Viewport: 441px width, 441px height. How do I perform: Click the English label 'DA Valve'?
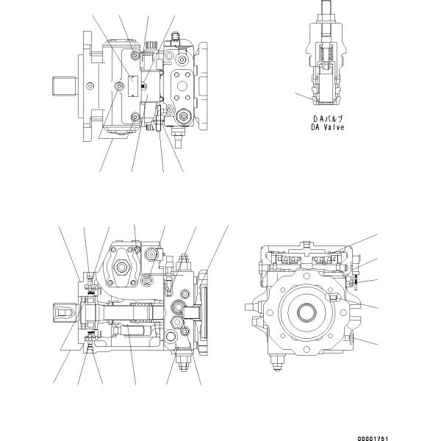(328, 127)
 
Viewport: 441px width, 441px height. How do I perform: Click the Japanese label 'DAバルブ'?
(328, 118)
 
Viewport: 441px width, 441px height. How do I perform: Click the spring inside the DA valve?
(329, 54)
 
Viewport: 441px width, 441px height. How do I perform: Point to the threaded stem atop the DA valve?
(328, 10)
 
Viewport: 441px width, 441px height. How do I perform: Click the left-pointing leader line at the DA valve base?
(304, 95)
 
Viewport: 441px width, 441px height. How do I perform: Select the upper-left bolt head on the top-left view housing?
(134, 52)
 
